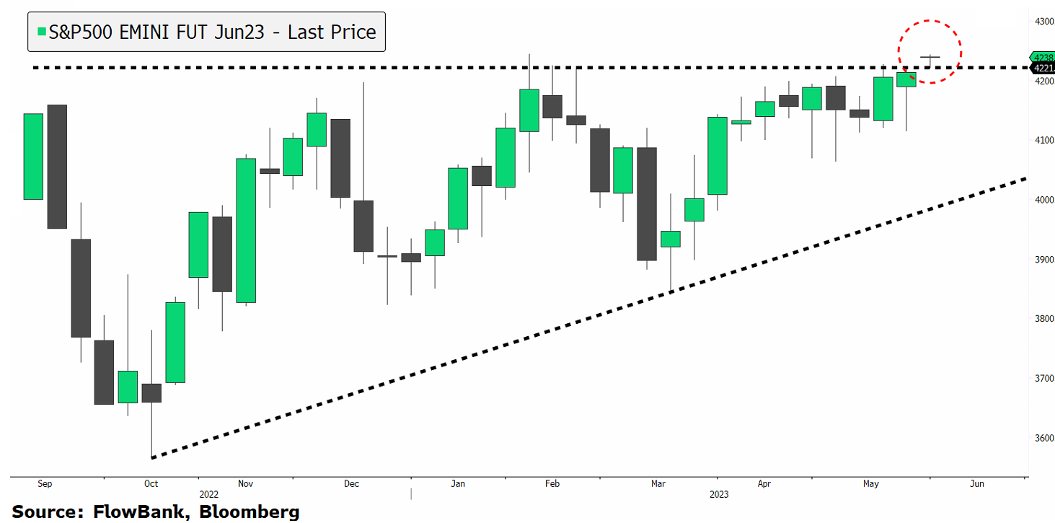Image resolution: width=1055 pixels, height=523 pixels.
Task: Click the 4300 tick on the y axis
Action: [x=1043, y=22]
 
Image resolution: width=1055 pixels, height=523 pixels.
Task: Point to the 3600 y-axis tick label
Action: [x=1043, y=438]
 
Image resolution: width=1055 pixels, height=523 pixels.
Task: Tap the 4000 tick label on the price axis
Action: [x=1043, y=200]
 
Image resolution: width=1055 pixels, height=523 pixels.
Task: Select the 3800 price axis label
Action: [x=1043, y=319]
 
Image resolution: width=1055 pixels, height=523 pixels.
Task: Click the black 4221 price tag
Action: [x=1043, y=69]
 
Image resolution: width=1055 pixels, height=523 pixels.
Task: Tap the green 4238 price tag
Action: [x=1043, y=57]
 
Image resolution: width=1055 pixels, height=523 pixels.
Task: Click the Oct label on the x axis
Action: [x=151, y=484]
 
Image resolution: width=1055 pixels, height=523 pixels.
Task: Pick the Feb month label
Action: [x=552, y=484]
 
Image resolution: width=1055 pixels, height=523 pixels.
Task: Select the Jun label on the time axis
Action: [x=976, y=484]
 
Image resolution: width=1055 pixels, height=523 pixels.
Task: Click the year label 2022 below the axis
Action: [x=209, y=495]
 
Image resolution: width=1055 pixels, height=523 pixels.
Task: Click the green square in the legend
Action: [x=42, y=32]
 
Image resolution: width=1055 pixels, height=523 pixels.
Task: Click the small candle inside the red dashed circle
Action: [x=930, y=58]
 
